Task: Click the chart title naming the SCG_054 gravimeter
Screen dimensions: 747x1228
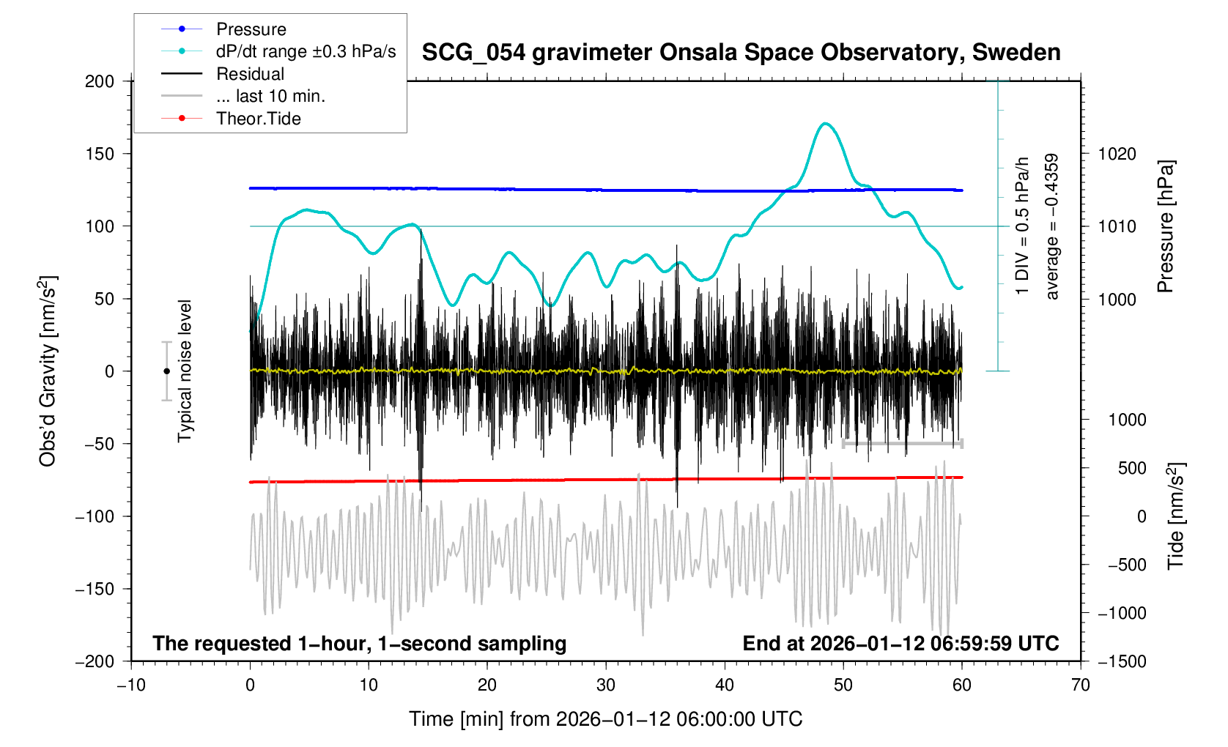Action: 741,53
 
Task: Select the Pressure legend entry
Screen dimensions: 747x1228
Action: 251,29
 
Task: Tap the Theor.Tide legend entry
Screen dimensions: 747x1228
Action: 258,119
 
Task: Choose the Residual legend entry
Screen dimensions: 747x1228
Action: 250,74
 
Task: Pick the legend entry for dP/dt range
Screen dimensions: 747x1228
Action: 306,51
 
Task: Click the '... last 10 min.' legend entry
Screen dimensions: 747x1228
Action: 270,96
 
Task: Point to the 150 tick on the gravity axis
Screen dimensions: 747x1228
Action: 100,154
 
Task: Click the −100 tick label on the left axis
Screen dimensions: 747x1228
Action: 95,516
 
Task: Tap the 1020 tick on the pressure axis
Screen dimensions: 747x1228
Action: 1117,154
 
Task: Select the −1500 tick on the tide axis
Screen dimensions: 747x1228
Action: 1122,661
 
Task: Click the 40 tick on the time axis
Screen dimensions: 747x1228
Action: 725,685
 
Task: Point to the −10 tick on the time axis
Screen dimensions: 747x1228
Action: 131,685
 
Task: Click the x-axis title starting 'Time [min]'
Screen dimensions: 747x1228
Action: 605,719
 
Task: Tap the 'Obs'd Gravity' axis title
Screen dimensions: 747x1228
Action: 48,371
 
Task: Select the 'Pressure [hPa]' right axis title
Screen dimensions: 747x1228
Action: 1165,226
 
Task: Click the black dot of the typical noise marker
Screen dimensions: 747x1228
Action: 166,371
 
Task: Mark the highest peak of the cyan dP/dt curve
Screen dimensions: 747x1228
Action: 826,124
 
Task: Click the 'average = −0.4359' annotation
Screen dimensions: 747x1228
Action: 1052,226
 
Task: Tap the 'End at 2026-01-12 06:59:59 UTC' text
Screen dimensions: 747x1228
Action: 900,644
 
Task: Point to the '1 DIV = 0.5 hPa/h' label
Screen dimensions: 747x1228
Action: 1022,226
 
